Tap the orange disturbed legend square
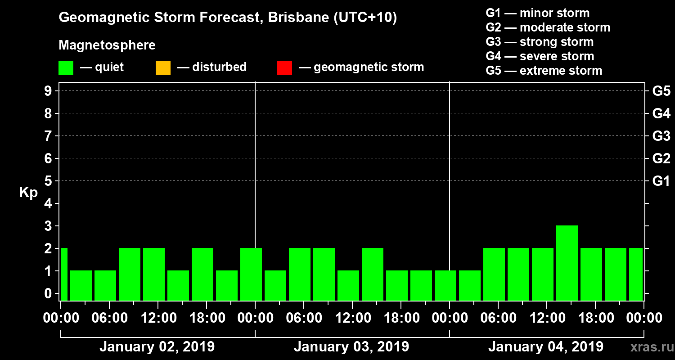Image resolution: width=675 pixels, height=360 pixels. tap(163, 68)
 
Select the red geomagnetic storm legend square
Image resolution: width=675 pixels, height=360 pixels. tap(284, 68)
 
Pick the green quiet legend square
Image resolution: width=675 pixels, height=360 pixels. tap(66, 68)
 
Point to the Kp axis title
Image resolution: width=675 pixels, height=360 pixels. tap(28, 193)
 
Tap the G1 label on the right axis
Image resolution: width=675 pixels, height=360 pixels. tap(661, 181)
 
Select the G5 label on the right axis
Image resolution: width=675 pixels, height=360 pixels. tap(661, 91)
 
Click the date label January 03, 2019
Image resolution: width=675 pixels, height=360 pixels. tap(351, 347)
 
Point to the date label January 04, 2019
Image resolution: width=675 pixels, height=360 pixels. tap(545, 347)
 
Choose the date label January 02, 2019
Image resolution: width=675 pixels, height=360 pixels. tap(157, 347)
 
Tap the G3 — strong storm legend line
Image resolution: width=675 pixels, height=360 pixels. tap(539, 42)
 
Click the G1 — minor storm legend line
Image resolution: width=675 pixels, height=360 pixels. tap(537, 13)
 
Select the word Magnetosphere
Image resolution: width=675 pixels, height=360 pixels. tap(107, 45)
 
